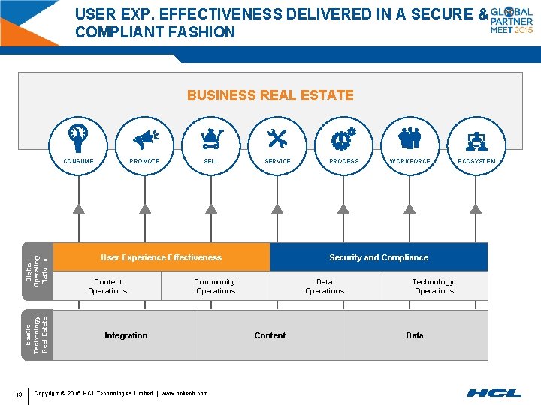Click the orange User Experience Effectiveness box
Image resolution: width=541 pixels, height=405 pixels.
coord(162,257)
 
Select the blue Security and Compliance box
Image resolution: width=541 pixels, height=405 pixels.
coord(379,257)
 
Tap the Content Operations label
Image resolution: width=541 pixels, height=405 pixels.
coord(107,286)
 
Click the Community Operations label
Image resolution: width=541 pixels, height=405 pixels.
coord(216,286)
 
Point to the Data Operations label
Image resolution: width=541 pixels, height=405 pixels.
coord(325,286)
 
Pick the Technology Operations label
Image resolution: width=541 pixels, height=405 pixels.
coord(434,286)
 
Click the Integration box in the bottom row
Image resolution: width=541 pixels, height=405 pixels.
coord(126,335)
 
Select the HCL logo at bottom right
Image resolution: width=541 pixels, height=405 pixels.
coord(494,392)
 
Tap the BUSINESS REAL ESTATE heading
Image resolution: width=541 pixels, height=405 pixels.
coord(270,95)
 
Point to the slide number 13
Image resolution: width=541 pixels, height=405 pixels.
coord(18,394)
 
